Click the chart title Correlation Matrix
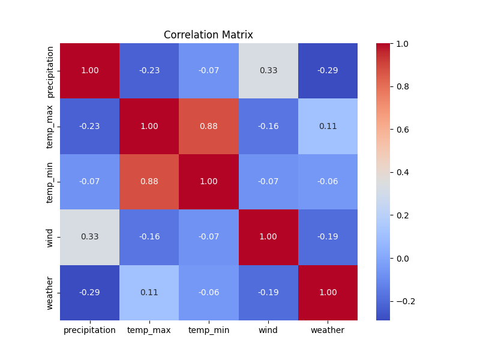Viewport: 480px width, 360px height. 208,35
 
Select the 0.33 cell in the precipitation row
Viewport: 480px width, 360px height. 268,71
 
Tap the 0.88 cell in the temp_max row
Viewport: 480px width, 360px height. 208,126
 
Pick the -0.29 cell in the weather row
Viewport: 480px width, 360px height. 89,293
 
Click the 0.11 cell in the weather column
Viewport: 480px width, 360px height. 328,126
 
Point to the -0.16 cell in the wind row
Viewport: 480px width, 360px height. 149,237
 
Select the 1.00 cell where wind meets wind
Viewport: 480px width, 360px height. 268,237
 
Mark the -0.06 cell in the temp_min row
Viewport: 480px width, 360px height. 328,182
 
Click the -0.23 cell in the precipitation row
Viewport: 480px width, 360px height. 149,71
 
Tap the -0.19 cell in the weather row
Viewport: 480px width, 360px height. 268,293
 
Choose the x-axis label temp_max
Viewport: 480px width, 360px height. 149,331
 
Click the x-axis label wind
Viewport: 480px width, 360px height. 268,331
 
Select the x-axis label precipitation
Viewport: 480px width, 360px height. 89,331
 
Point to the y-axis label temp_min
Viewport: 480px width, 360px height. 50,182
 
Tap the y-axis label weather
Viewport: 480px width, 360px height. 50,293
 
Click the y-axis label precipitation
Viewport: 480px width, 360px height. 50,71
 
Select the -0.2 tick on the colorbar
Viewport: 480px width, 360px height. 406,302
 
